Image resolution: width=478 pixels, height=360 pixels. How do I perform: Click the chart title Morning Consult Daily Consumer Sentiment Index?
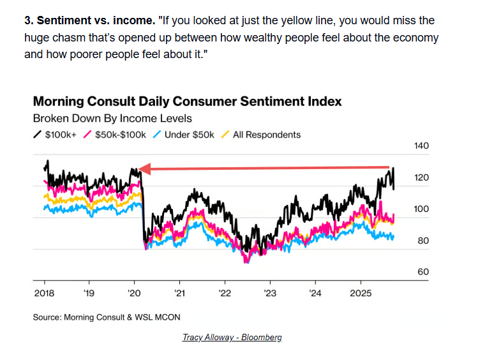187,101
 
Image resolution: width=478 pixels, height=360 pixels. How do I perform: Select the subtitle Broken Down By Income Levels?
112,118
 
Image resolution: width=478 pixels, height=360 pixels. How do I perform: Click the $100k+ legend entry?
59,135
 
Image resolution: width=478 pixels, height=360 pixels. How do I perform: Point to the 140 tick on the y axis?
422,146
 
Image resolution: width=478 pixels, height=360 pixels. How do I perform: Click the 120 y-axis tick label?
422,178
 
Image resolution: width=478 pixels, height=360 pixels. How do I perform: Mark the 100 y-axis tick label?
422,209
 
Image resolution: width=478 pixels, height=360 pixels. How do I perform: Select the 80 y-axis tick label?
422,241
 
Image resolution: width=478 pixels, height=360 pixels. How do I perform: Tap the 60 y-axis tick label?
422,272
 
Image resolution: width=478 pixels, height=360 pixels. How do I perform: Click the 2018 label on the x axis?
43,294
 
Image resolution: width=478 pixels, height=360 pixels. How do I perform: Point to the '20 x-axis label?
133,294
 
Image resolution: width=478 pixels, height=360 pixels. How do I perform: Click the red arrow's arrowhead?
144,169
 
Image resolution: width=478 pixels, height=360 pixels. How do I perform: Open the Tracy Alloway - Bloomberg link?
232,337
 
